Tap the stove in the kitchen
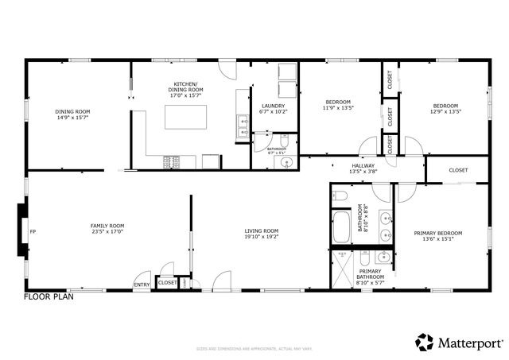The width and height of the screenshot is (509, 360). point(172,162)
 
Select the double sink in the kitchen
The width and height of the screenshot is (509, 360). point(242,126)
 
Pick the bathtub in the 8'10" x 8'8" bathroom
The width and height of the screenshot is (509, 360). point(340,227)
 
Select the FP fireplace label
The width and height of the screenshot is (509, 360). point(33,232)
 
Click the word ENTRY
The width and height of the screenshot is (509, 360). point(142,285)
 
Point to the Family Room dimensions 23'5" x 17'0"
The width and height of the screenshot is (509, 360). point(107,232)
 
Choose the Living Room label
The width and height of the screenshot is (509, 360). point(261,231)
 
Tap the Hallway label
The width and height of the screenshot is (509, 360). point(363,165)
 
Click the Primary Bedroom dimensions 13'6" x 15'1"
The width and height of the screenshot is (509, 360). point(437,239)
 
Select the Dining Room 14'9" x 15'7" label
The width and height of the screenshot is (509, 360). point(72,118)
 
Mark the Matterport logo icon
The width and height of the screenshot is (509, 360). point(425,342)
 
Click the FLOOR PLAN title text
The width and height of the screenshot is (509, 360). point(49,296)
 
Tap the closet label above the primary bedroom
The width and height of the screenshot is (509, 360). point(457,170)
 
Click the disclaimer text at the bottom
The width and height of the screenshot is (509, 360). point(254,347)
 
